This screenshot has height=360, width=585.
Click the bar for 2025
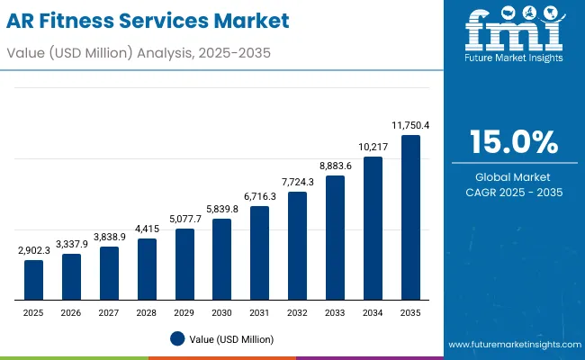[x=33, y=280]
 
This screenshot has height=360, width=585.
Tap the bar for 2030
[x=221, y=259]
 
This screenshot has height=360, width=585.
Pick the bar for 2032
[x=297, y=245]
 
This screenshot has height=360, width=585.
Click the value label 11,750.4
[x=410, y=126]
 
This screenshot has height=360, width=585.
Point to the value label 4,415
[x=147, y=229]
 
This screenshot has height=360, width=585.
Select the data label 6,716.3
[x=259, y=197]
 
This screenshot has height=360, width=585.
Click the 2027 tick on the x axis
[x=109, y=312]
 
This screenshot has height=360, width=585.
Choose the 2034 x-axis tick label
[x=373, y=312]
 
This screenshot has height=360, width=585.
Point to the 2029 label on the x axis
[x=184, y=312]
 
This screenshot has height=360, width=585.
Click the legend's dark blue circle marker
[x=177, y=338]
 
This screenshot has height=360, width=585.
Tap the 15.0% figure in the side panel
[x=515, y=142]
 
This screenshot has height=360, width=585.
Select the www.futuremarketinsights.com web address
[x=515, y=345]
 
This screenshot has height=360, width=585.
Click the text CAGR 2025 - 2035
[x=515, y=193]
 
